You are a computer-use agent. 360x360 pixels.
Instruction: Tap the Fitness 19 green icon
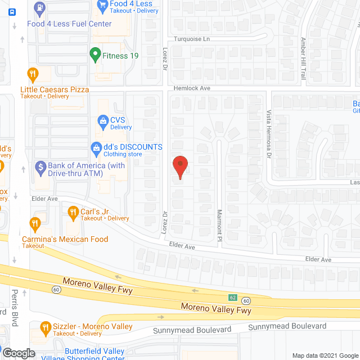click(94, 56)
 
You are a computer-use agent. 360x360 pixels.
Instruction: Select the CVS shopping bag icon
click(103, 120)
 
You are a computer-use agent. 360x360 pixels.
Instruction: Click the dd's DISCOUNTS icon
click(96, 148)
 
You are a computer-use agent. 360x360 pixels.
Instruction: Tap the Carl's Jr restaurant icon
click(73, 212)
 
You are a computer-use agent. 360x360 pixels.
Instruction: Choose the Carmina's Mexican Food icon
click(35, 224)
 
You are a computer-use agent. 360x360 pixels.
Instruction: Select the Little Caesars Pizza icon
click(33, 74)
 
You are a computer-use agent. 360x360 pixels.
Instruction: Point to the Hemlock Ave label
click(191, 88)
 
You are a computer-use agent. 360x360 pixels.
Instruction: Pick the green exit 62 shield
click(233, 297)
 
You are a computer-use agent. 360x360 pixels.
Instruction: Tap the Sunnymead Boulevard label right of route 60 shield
click(287, 326)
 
